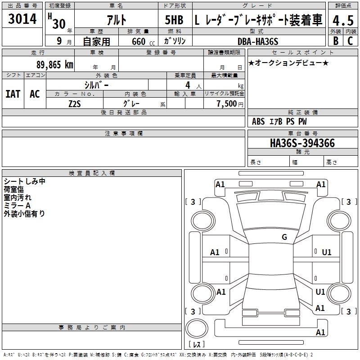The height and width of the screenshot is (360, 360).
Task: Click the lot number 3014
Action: pyautogui.click(x=22, y=19)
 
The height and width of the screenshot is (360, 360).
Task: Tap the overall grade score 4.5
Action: pyautogui.click(x=342, y=20)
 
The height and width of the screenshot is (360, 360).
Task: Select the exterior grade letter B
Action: pyautogui.click(x=335, y=40)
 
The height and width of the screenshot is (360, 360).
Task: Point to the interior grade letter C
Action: pyautogui.click(x=351, y=40)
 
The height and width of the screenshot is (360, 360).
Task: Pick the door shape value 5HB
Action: pyautogui.click(x=174, y=20)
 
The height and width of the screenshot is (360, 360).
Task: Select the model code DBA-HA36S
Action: pyautogui.click(x=257, y=41)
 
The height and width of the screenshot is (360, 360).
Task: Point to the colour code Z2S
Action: pyautogui.click(x=74, y=103)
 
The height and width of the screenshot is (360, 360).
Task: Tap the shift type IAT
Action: pyautogui.click(x=13, y=94)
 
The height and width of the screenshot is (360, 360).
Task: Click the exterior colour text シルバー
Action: pyautogui.click(x=96, y=85)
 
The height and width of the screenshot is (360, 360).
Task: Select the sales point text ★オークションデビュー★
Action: pyautogui.click(x=288, y=63)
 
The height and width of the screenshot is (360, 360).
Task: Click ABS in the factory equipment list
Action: pyautogui.click(x=258, y=121)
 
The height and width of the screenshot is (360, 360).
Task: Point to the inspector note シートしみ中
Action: pyautogui.click(x=24, y=181)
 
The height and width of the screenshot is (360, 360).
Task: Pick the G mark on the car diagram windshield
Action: pyautogui.click(x=284, y=237)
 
